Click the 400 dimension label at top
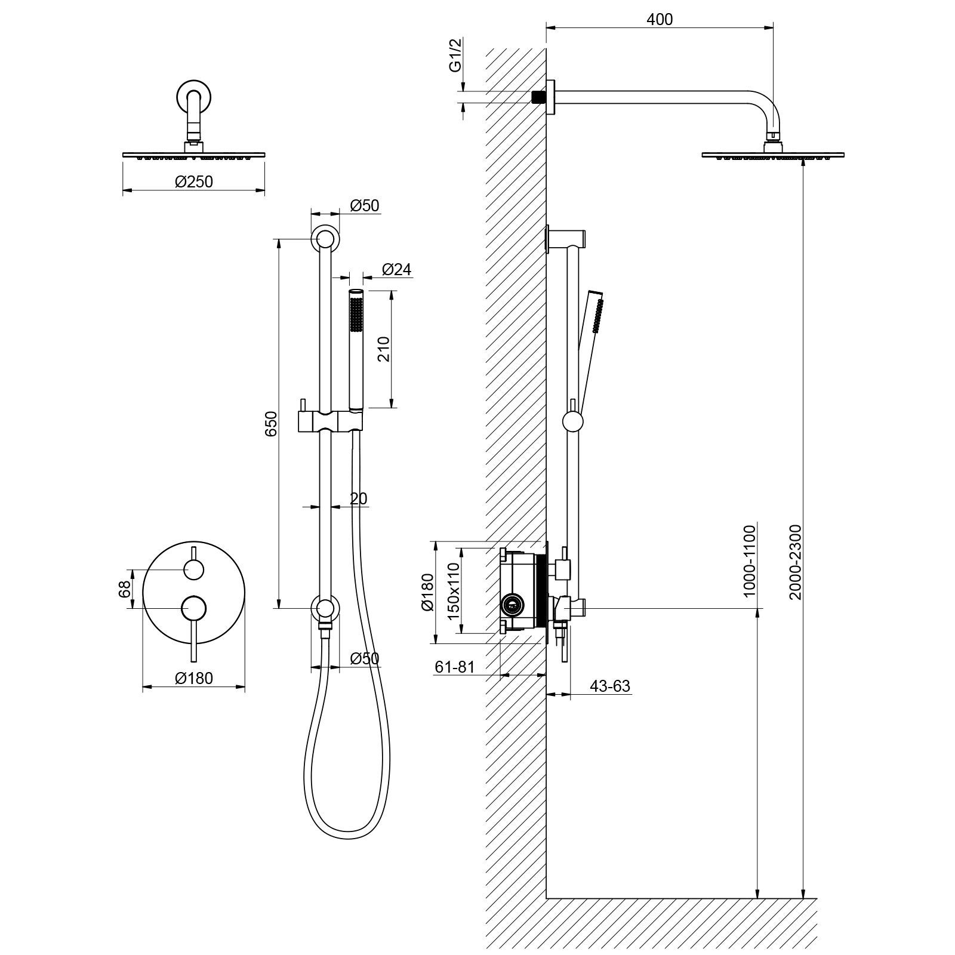[x=660, y=20]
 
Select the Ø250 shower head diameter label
[x=194, y=181]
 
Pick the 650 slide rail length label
[x=271, y=423]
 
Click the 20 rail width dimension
[x=358, y=498]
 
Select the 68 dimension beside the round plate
[x=125, y=590]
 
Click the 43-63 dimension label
[x=610, y=686]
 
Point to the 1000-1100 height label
[x=750, y=559]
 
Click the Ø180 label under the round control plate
[x=194, y=678]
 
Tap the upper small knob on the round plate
[x=194, y=570]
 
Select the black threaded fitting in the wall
[x=539, y=97]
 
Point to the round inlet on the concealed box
[x=512, y=606]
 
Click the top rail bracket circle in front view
[x=325, y=239]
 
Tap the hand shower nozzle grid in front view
[x=356, y=314]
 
